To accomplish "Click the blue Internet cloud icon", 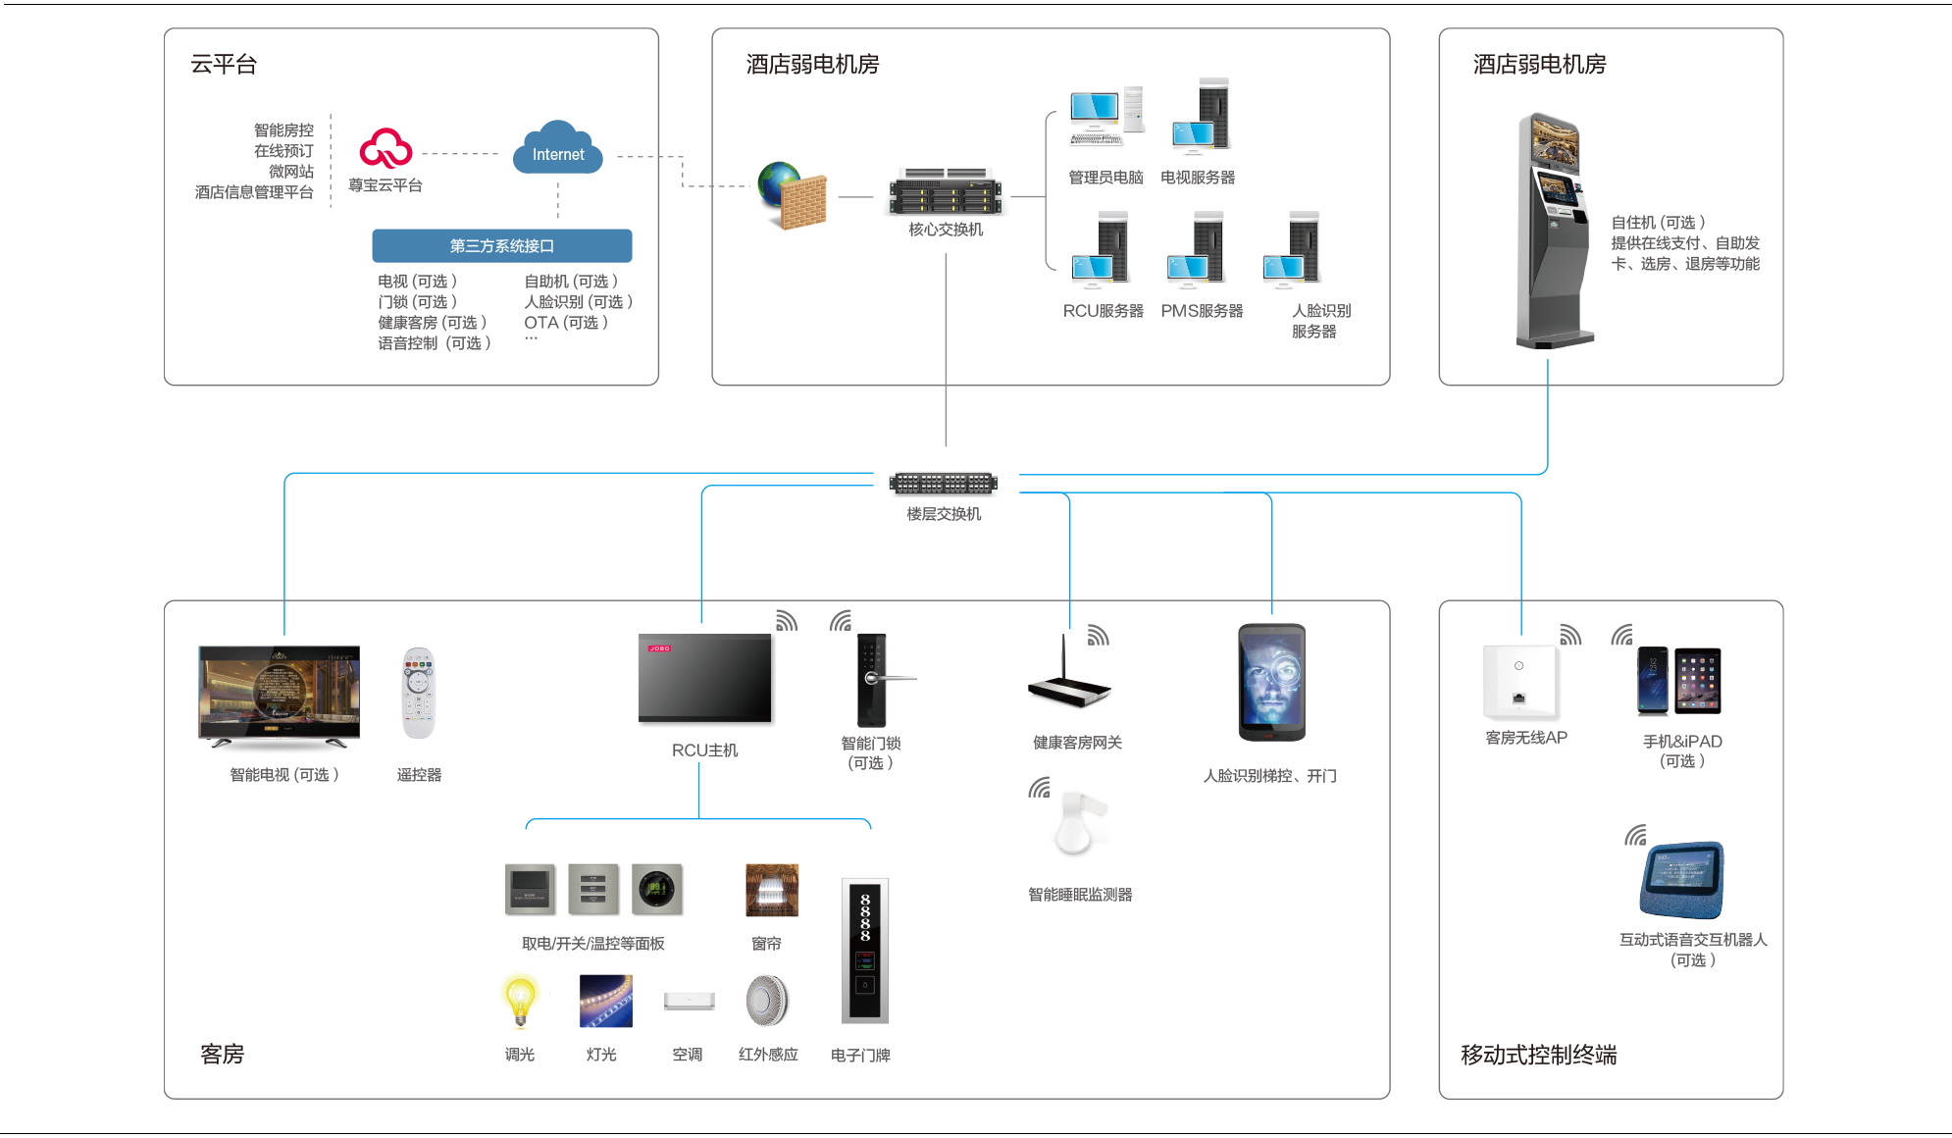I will [x=557, y=149].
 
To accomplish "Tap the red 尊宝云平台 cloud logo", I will [x=385, y=149].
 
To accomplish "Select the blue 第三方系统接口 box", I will [x=501, y=245].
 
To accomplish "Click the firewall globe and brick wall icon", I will [x=793, y=195].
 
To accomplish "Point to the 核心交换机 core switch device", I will [x=945, y=191].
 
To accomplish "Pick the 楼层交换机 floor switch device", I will [x=943, y=483].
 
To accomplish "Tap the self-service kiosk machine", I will [x=1554, y=231].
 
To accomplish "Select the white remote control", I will [x=418, y=694].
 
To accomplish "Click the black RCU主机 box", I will [x=704, y=679].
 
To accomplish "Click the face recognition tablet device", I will [x=1271, y=683].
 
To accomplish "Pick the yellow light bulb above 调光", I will [x=520, y=1000].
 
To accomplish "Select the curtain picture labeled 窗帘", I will [x=772, y=890].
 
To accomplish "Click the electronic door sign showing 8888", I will [x=864, y=950].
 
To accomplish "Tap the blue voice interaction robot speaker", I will [x=1681, y=879].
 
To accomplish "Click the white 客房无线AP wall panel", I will [x=1519, y=682].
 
